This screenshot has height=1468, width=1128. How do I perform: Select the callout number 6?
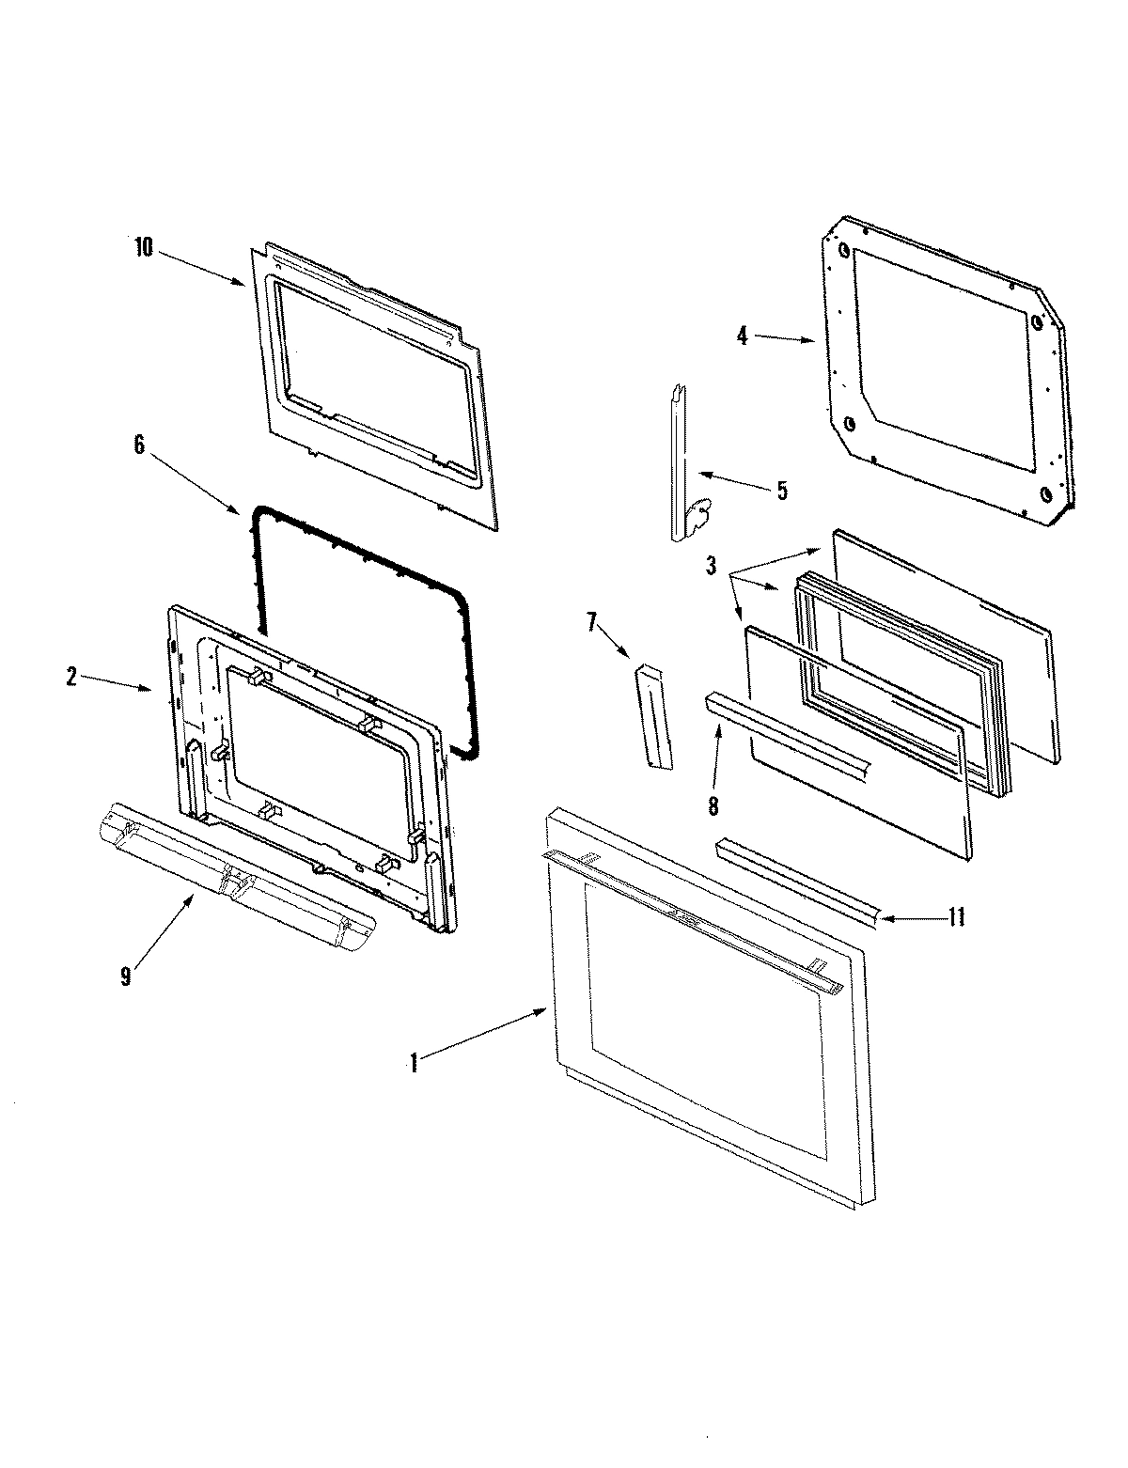(139, 445)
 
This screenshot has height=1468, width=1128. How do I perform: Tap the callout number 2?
(71, 676)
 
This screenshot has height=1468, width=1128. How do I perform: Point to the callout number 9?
(125, 976)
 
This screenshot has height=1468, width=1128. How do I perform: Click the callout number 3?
(712, 566)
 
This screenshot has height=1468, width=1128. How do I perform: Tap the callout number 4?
(742, 336)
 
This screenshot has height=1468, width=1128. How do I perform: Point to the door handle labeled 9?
(235, 879)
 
